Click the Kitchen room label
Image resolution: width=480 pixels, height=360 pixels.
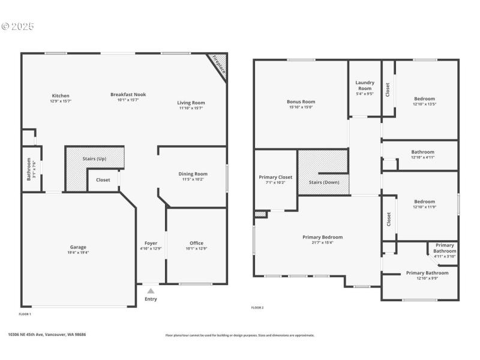(61, 95)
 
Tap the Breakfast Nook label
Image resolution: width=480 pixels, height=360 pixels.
(128, 94)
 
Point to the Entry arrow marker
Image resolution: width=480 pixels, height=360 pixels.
(151, 291)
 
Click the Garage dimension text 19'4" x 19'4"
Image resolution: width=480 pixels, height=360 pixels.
(78, 253)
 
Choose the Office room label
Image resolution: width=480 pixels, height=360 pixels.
(196, 243)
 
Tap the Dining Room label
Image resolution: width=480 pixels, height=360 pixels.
(193, 173)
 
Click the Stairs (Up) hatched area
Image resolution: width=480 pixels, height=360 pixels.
(94, 158)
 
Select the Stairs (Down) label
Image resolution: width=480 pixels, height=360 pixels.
(323, 182)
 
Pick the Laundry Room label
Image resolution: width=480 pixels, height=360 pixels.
(365, 85)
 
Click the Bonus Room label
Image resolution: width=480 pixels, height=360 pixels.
(301, 101)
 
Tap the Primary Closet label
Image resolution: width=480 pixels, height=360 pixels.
(275, 177)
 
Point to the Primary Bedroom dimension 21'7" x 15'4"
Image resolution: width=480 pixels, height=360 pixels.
(322, 242)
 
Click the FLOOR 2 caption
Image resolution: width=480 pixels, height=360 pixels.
(257, 308)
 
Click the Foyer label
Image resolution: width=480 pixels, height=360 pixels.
(151, 243)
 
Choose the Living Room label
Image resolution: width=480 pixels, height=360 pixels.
(191, 103)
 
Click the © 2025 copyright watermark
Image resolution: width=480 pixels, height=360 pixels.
(18, 26)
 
